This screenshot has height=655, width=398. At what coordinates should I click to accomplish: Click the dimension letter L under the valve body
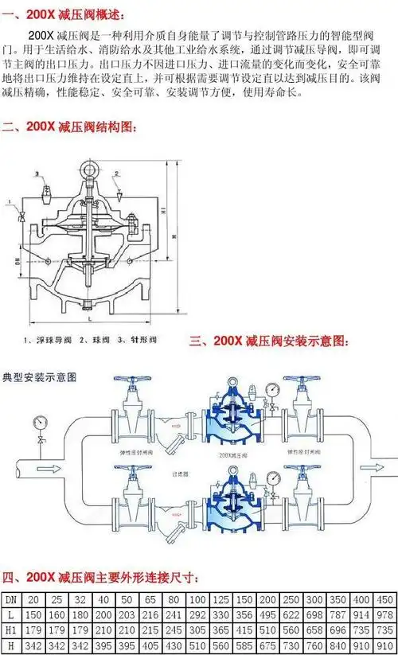click(x=92, y=318)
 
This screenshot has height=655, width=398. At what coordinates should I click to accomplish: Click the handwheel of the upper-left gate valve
click(x=133, y=383)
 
